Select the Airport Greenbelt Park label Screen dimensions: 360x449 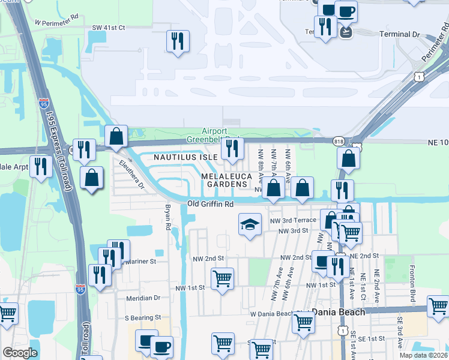click(214, 136)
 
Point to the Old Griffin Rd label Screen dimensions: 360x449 click(210, 204)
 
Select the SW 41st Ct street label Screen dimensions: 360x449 click(109, 28)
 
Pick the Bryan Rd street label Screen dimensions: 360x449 click(168, 218)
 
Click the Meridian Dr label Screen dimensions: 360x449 click(143, 297)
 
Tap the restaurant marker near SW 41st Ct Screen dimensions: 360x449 click(178, 41)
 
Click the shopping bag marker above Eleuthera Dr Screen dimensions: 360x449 click(116, 136)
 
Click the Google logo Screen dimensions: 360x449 click(20, 353)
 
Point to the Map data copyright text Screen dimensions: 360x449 click(424, 355)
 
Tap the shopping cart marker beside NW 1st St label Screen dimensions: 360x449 click(222, 278)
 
